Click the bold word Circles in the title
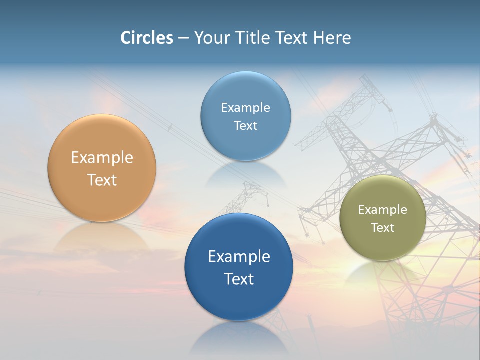[x=147, y=38]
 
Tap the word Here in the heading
[x=332, y=38]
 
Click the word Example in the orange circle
[x=102, y=158]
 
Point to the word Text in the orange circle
[x=102, y=180]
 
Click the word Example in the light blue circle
[x=245, y=108]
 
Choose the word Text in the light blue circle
[x=245, y=125]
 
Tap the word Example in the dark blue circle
[x=239, y=257]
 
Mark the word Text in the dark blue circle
[x=239, y=279]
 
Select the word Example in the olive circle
[x=382, y=210]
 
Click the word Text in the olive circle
[x=383, y=228]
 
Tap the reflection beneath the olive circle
[x=382, y=273]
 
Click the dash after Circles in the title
[x=183, y=38]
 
